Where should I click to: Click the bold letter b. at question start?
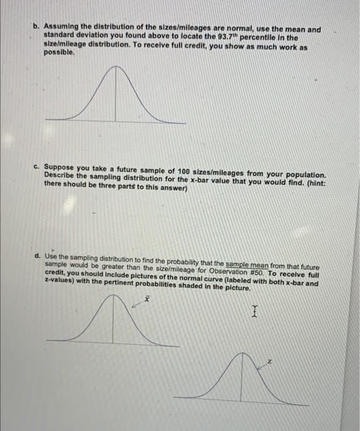click(x=36, y=28)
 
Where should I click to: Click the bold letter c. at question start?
click(x=37, y=167)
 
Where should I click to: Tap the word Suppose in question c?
click(x=61, y=167)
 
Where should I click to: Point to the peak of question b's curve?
click(x=116, y=68)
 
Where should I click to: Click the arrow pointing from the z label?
click(x=261, y=365)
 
